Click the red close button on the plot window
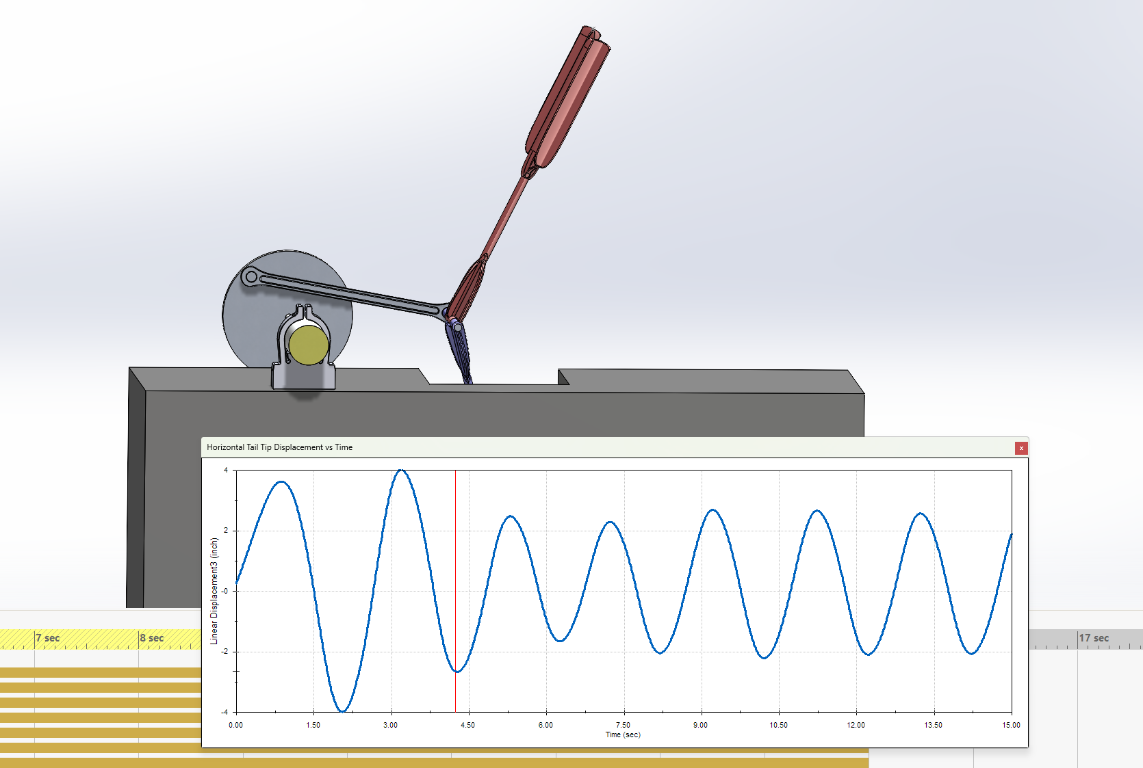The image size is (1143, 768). pyautogui.click(x=1021, y=448)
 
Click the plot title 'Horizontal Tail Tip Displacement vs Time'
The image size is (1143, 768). pyautogui.click(x=280, y=447)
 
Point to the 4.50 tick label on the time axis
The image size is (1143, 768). pyautogui.click(x=468, y=725)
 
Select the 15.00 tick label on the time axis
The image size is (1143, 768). pyautogui.click(x=1011, y=725)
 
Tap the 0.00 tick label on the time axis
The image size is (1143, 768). pyautogui.click(x=235, y=725)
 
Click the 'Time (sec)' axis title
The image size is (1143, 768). pyautogui.click(x=623, y=734)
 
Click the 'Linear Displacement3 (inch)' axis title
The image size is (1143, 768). pyautogui.click(x=214, y=591)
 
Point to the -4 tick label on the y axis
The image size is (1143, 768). pyautogui.click(x=225, y=712)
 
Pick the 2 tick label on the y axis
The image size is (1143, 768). pyautogui.click(x=226, y=531)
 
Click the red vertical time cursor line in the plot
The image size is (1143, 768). pyautogui.click(x=455, y=591)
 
